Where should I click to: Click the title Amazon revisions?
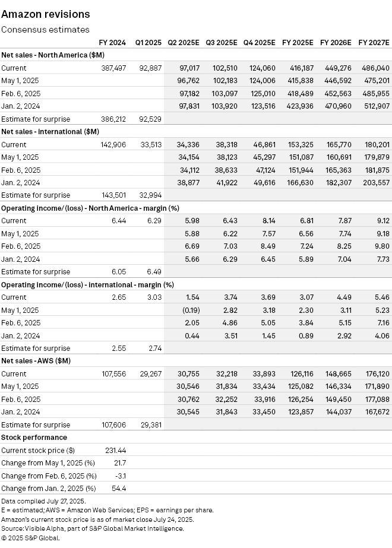46,14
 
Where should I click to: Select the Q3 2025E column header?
222,42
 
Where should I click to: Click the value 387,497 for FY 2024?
113,68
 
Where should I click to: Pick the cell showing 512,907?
375,106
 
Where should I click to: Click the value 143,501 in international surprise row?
113,195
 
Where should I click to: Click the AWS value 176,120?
375,373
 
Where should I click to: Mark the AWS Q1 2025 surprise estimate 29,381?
149,425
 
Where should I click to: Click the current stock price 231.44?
114,451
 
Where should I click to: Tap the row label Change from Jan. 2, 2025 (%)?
48,489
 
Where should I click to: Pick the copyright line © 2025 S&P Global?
31,538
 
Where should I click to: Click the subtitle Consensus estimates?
45,29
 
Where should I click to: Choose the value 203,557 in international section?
375,182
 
